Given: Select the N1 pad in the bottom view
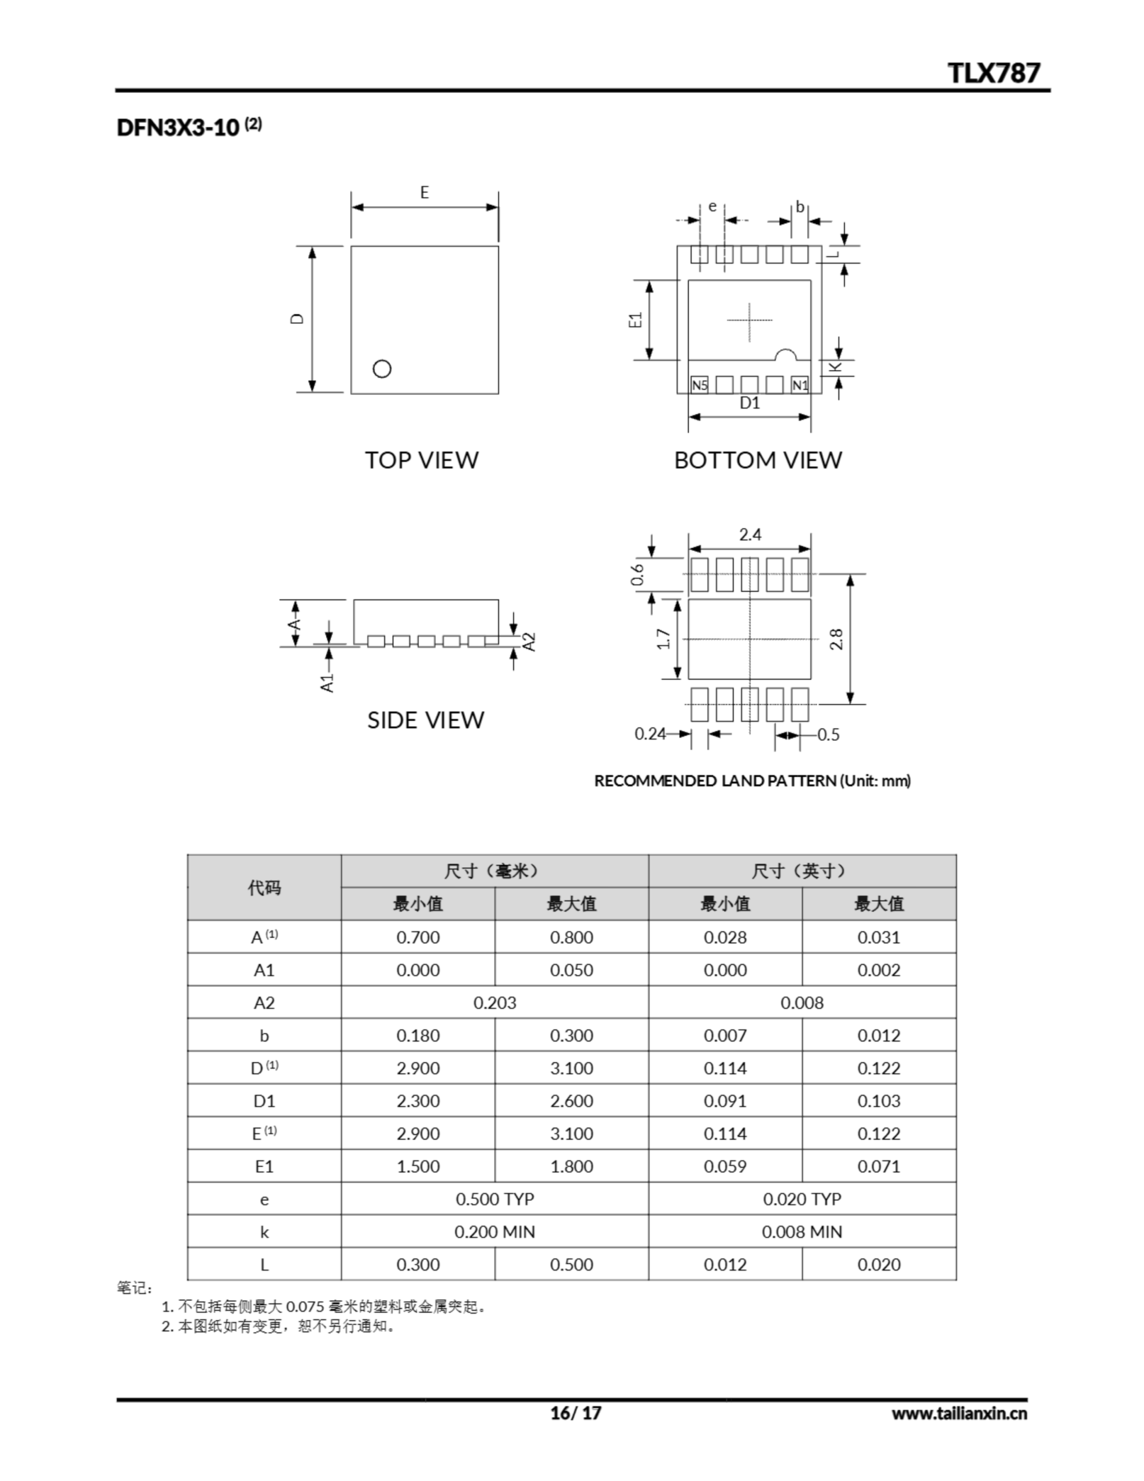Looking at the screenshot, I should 800,385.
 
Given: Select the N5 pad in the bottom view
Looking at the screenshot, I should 699,385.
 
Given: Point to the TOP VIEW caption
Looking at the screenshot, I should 422,460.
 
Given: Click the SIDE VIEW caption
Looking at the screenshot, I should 425,720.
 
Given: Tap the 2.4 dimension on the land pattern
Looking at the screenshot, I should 750,535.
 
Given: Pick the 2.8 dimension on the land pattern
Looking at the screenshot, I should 837,639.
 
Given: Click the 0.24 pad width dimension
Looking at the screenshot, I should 650,734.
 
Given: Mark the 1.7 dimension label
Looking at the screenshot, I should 665,639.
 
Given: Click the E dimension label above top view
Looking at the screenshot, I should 425,193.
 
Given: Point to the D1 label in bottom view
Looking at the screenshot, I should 750,403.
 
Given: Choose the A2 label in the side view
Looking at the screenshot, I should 530,642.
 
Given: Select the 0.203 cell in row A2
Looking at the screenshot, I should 494,1002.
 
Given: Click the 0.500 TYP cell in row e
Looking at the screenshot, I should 494,1199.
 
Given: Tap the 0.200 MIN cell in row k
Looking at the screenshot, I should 494,1232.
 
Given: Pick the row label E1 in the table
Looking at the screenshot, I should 264,1166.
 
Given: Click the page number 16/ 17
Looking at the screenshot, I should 575,1413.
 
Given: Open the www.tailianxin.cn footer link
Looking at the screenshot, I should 959,1413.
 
